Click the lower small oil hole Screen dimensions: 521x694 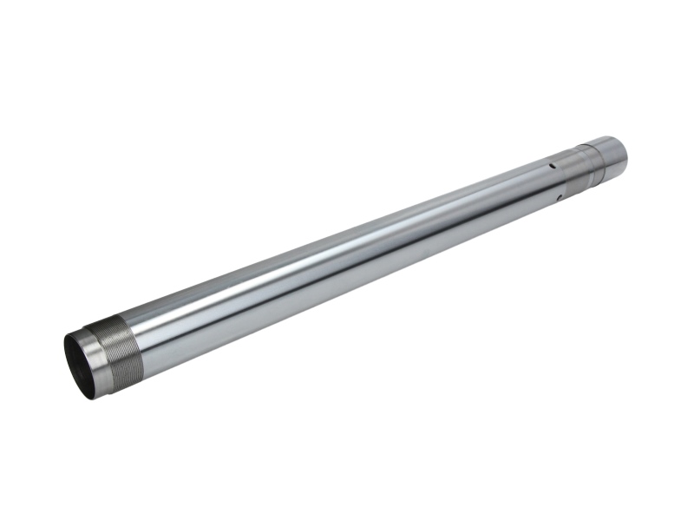[x=560, y=198]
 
